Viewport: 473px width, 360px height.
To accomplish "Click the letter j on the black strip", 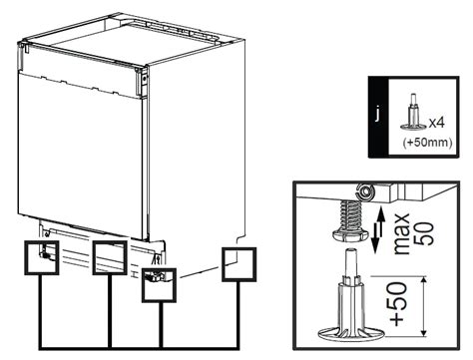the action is (377, 115).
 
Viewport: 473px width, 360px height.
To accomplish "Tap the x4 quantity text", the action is (436, 123).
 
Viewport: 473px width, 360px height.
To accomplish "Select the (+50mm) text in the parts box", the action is (427, 143).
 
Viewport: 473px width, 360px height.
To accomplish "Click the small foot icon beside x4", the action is (413, 113).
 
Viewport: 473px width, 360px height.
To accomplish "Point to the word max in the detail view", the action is (401, 234).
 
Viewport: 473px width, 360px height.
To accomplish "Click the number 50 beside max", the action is (426, 233).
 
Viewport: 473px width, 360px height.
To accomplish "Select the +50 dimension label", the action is (399, 304).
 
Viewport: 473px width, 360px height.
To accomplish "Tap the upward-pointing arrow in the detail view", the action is (381, 220).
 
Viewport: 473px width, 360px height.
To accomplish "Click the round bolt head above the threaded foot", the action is (365, 191).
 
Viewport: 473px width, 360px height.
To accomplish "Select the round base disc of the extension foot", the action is (351, 334).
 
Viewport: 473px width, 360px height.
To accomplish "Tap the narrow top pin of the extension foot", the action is (351, 261).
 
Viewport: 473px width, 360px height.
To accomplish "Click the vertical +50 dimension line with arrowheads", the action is (423, 306).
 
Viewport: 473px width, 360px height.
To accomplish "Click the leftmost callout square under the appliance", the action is (42, 257).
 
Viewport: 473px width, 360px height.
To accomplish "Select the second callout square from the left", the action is (110, 257).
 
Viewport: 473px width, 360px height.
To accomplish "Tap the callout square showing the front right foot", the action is (159, 285).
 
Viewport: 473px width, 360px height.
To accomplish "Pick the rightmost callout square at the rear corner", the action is (238, 264).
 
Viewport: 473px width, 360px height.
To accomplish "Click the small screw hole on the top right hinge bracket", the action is (144, 79).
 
